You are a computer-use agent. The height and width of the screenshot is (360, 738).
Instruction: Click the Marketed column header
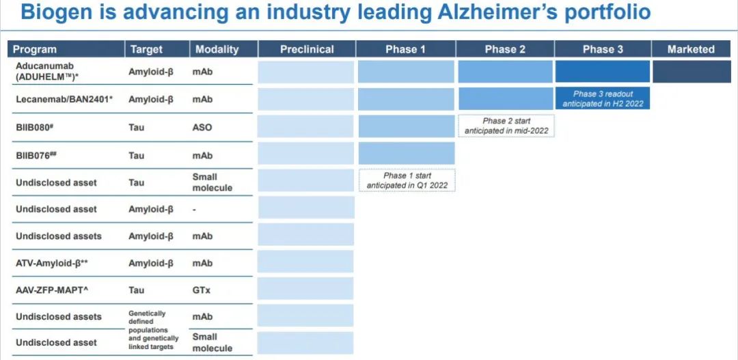pyautogui.click(x=691, y=49)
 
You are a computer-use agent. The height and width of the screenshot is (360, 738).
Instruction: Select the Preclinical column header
pyautogui.click(x=307, y=49)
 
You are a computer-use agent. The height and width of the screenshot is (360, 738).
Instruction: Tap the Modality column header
pyautogui.click(x=217, y=49)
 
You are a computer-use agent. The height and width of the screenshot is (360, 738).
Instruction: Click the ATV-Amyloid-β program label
pyautogui.click(x=52, y=263)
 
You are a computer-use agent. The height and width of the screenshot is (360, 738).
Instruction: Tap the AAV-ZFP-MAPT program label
pyautogui.click(x=52, y=290)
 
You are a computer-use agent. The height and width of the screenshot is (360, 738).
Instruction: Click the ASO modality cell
pyautogui.click(x=202, y=128)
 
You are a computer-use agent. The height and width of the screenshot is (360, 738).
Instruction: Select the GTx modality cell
pyautogui.click(x=201, y=290)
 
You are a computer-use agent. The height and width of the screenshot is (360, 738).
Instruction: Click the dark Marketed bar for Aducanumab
pyautogui.click(x=692, y=72)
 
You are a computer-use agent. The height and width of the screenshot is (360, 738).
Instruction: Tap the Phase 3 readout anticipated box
pyautogui.click(x=603, y=98)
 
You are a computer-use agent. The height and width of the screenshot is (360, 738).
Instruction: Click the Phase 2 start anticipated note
pyautogui.click(x=506, y=126)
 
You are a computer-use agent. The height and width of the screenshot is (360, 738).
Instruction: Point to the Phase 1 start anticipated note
pyautogui.click(x=407, y=181)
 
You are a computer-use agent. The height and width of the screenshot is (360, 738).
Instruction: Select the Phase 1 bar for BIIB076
pyautogui.click(x=407, y=154)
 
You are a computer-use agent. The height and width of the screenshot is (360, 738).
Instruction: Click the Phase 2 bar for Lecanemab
pyautogui.click(x=506, y=98)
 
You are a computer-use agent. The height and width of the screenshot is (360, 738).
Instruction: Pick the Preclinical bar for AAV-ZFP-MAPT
pyautogui.click(x=306, y=288)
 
